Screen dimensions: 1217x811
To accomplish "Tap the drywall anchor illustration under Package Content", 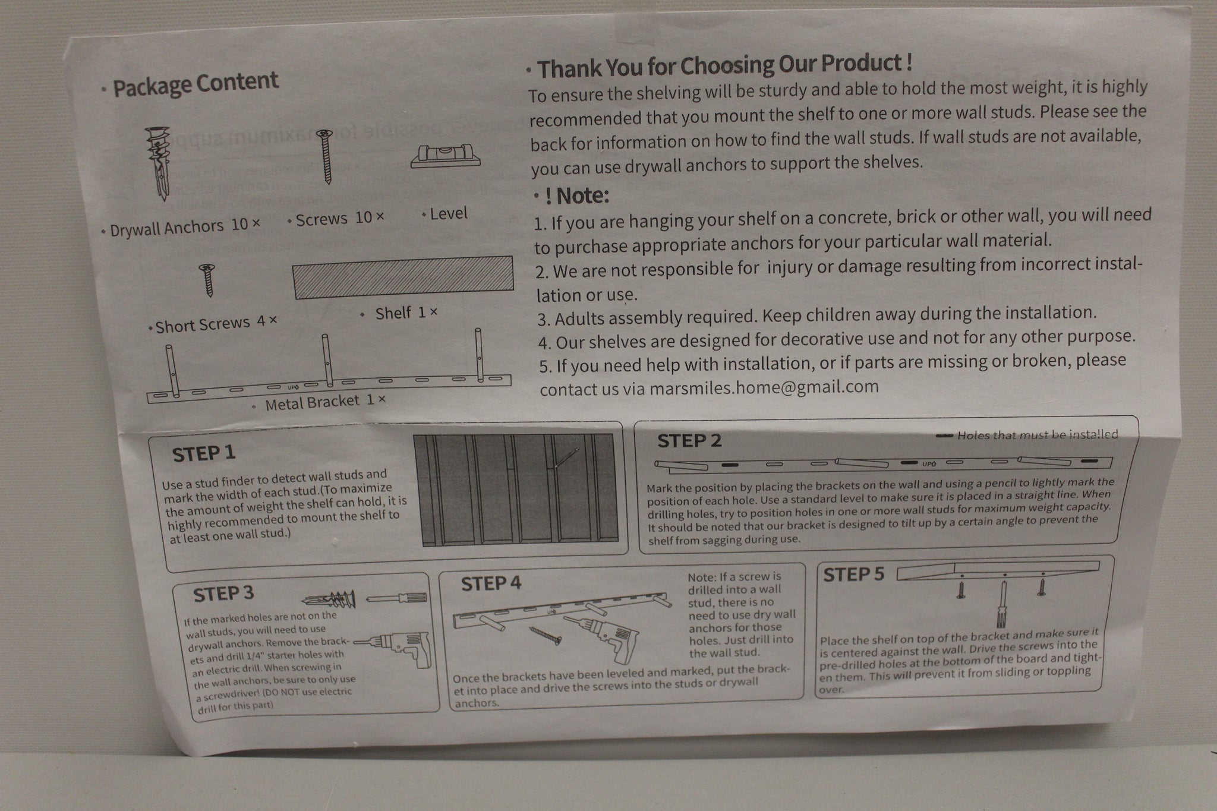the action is [160, 163].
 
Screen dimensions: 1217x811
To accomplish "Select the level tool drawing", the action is [446, 156].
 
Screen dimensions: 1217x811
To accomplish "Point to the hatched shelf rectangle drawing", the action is [403, 276].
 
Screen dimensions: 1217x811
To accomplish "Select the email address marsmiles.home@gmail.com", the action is [764, 387].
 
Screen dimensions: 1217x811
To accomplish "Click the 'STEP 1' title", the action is [204, 454].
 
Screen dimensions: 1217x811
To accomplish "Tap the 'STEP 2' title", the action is [689, 441].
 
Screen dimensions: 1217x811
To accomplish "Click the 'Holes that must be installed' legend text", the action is [1038, 435].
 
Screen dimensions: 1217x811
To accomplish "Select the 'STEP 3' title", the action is [223, 594].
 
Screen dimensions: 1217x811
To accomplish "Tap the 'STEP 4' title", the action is [491, 583].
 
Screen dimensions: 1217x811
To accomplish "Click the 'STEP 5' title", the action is [853, 575].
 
